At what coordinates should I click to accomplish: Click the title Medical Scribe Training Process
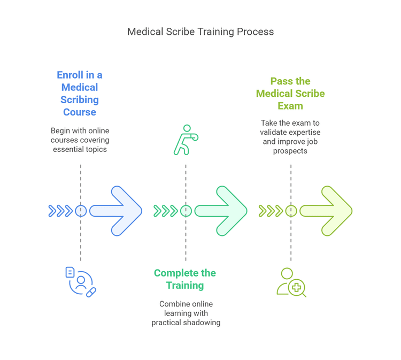coord(200,32)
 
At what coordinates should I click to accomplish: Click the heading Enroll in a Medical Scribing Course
coord(80,94)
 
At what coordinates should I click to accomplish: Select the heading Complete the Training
coord(185,279)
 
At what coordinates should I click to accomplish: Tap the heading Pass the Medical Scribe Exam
coord(290,93)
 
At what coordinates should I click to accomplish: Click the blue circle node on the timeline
coord(81,211)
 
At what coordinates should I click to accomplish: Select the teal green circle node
coord(186,211)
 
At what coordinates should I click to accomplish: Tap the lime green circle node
coord(291,211)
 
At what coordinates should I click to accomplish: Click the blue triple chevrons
coord(60,211)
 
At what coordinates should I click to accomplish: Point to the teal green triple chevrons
coord(165,211)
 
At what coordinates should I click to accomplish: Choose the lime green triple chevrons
coord(271,211)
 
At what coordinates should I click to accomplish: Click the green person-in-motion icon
coord(186,140)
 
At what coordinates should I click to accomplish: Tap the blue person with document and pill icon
coord(81,281)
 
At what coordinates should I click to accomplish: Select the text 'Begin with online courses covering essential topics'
coord(80,140)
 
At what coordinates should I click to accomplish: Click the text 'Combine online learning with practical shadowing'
coord(186,313)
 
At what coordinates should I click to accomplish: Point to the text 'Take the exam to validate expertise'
coord(290,127)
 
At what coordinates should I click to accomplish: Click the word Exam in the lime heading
coord(290,106)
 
